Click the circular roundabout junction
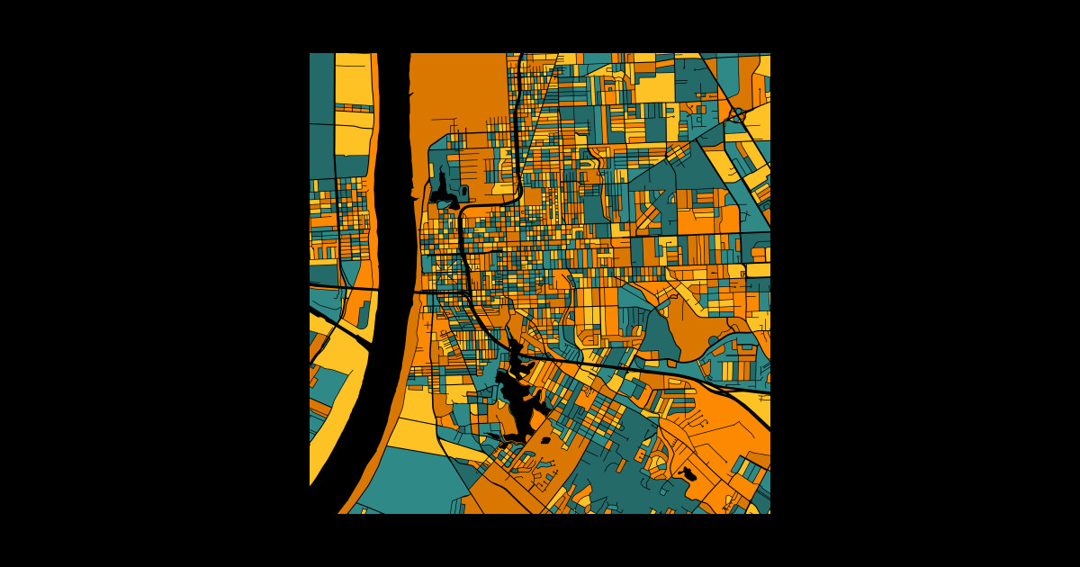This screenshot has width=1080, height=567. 737,115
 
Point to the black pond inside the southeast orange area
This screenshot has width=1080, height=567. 689,473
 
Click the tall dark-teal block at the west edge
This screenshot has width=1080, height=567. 321,117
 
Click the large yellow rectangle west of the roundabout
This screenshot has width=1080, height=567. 655,87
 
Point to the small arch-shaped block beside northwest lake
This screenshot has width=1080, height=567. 463,192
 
